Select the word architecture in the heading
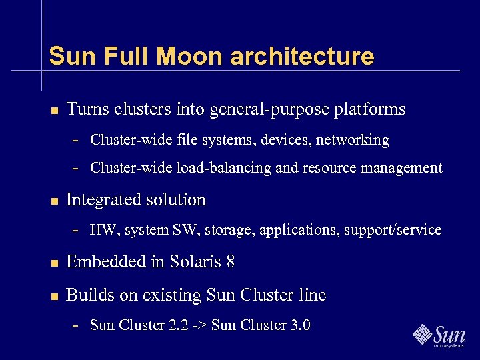point(302,56)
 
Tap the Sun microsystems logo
point(439,335)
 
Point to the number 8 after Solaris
point(231,262)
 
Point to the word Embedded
point(107,262)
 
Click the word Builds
point(87,295)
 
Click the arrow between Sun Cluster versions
point(199,325)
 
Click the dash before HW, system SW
point(77,231)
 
